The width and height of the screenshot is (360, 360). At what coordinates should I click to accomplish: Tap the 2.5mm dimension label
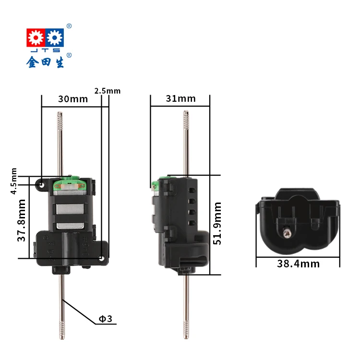click(x=108, y=91)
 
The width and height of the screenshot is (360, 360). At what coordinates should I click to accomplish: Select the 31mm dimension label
click(x=181, y=99)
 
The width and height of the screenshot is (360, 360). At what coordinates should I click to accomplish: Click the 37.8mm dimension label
click(x=22, y=221)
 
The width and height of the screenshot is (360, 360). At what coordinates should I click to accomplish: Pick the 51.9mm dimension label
click(x=217, y=223)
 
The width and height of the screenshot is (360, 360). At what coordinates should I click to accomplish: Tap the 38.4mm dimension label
click(x=298, y=264)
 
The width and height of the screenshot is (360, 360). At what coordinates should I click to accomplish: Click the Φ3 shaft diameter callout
click(x=105, y=318)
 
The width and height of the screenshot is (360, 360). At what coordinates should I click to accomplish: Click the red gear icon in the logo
click(x=35, y=37)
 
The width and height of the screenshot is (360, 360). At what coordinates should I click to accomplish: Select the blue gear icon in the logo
click(x=55, y=37)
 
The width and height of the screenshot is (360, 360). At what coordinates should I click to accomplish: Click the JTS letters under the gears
click(x=45, y=50)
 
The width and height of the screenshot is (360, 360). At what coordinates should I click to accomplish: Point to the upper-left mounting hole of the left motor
click(x=43, y=184)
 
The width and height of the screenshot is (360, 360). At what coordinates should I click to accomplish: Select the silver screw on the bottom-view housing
click(x=287, y=233)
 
